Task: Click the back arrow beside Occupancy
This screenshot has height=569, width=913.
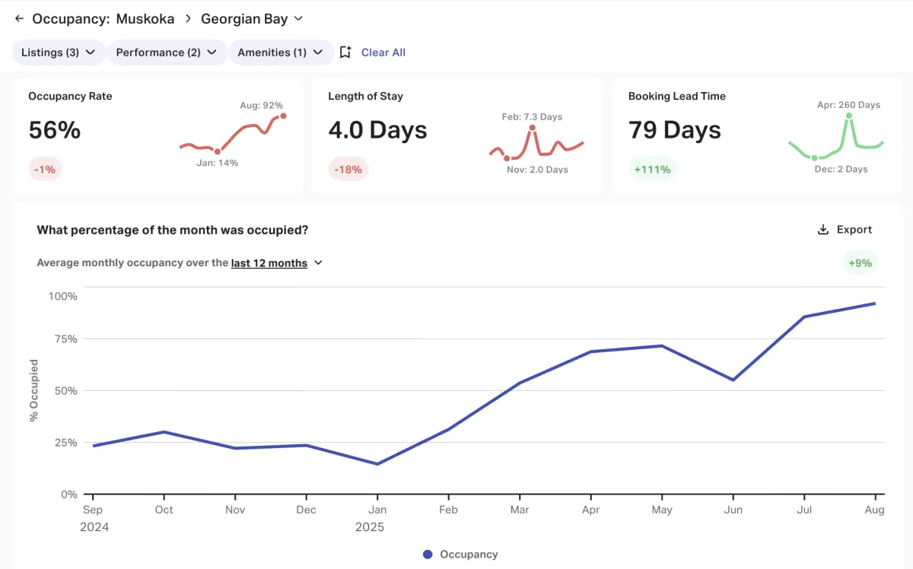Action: point(20,18)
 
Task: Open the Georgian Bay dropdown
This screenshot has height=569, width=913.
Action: point(252,18)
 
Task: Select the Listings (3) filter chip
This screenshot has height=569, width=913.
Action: point(58,52)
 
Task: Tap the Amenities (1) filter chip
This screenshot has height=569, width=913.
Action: point(280,52)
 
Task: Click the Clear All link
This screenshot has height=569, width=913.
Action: point(383,52)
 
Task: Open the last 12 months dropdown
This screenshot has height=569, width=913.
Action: point(277,263)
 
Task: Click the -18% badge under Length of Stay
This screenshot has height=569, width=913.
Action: point(348,169)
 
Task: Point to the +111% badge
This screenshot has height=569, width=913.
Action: point(652,169)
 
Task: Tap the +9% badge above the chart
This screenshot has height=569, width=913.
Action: point(861,263)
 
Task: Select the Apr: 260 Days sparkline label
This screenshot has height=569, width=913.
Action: point(848,105)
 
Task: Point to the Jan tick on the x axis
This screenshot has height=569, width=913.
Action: point(377,510)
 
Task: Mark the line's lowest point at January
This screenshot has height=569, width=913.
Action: point(377,464)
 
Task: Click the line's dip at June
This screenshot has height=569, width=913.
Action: point(733,380)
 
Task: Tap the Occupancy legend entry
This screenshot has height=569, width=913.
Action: point(460,555)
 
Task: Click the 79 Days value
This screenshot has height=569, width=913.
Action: point(675,130)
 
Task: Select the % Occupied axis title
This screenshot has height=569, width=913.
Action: point(33,390)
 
